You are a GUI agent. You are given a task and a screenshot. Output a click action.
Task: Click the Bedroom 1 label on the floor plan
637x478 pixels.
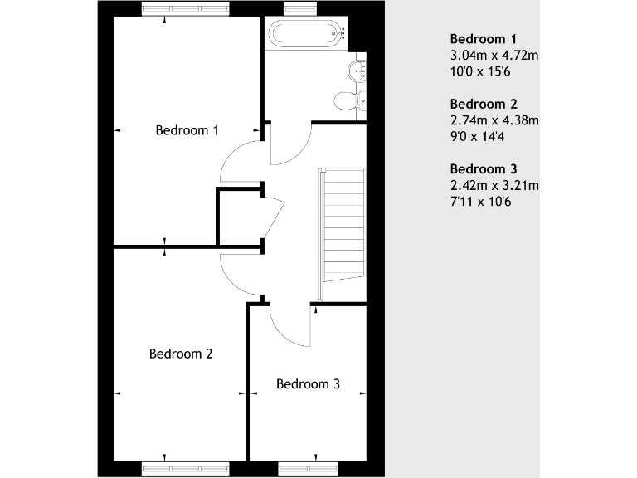click(187, 130)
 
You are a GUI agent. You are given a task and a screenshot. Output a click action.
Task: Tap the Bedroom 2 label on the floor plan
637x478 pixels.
click(181, 354)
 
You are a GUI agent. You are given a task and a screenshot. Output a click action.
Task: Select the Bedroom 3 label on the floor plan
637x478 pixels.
click(308, 384)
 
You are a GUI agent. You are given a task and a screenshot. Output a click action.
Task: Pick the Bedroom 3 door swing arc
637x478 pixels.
click(290, 330)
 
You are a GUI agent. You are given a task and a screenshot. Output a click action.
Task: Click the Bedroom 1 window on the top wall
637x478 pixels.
click(184, 9)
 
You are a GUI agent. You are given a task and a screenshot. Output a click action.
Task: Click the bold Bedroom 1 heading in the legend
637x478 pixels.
click(484, 39)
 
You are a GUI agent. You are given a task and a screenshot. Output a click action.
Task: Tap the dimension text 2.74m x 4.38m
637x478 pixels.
click(494, 120)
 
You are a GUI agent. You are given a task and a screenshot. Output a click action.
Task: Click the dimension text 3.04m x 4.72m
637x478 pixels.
click(494, 56)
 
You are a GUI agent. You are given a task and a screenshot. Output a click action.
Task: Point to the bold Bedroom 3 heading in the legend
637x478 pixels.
click(484, 168)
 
